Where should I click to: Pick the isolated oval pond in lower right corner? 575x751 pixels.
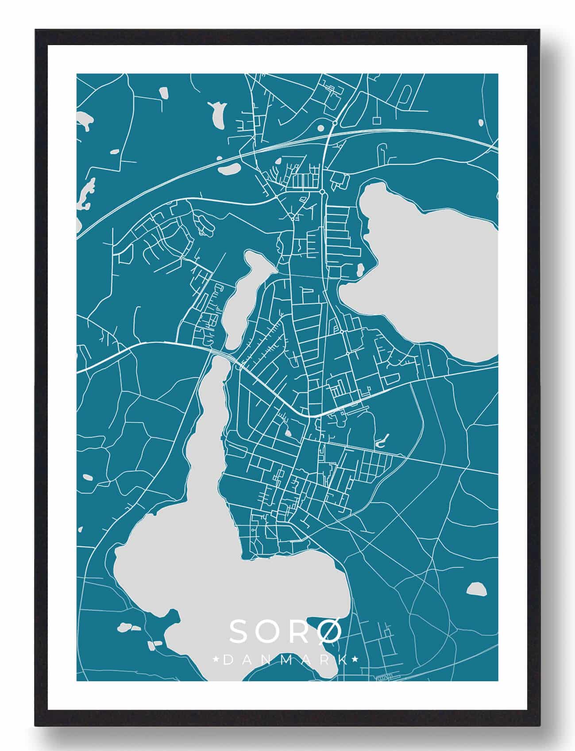[475, 588]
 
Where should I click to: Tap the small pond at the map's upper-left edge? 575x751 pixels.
[84, 119]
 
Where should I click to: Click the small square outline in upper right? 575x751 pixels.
[377, 120]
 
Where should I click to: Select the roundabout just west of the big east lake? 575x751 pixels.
[323, 192]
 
